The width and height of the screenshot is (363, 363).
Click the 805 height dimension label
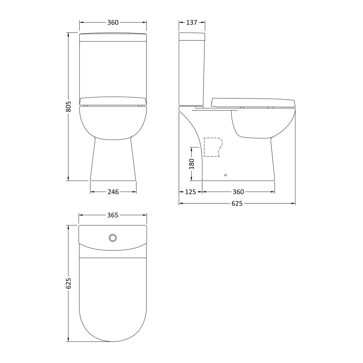[x=68, y=107]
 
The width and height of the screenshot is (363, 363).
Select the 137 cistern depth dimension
[x=192, y=22]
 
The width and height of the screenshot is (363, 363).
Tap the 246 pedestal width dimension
[x=113, y=192]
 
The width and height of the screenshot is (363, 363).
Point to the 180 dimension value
[x=192, y=164]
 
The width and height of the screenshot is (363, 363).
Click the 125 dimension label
[x=190, y=192]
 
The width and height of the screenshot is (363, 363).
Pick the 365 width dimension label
[x=113, y=215]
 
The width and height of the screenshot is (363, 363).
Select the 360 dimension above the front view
[x=113, y=22]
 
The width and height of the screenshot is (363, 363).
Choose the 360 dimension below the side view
[x=238, y=192]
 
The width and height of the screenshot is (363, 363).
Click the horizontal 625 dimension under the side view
[x=237, y=204]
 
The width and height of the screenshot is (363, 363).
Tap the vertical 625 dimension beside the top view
[x=68, y=283]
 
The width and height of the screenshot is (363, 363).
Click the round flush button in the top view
[x=113, y=238]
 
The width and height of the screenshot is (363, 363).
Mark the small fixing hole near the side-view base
[x=225, y=175]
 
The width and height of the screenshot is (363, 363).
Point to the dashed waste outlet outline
[x=213, y=147]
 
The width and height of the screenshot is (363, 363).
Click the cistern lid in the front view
[x=113, y=37]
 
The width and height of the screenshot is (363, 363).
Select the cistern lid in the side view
[x=192, y=36]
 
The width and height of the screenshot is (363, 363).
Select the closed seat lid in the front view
[x=113, y=101]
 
